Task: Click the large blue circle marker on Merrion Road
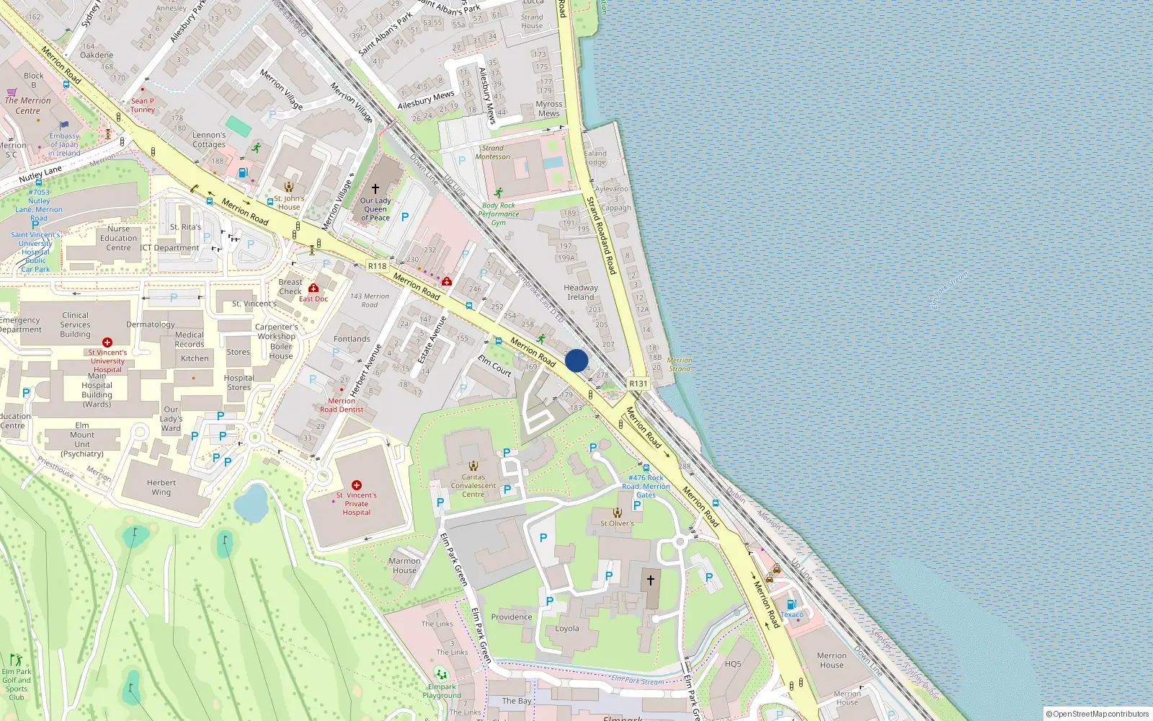(x=576, y=360)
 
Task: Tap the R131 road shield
(x=638, y=384)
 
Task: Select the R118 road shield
(x=377, y=266)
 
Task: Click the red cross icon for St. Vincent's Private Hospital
(x=356, y=485)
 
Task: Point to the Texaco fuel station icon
(x=791, y=604)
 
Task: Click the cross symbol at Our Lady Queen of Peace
(x=375, y=189)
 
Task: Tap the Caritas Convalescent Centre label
(x=473, y=485)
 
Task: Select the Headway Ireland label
(x=581, y=292)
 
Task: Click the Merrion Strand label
(x=680, y=364)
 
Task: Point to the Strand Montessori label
(x=493, y=152)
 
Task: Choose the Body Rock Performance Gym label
(x=499, y=214)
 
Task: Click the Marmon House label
(x=404, y=565)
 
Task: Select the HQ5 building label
(x=733, y=664)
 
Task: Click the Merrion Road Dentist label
(x=342, y=405)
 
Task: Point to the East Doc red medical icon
(x=313, y=288)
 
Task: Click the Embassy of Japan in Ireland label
(x=64, y=144)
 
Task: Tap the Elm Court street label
(x=494, y=366)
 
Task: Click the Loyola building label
(x=567, y=628)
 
